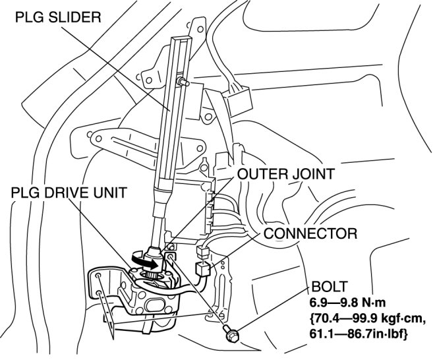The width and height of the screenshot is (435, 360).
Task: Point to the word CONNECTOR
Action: point(311,233)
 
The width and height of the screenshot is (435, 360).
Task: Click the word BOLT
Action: point(326,287)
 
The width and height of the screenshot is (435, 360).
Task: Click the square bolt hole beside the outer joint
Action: point(172,256)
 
